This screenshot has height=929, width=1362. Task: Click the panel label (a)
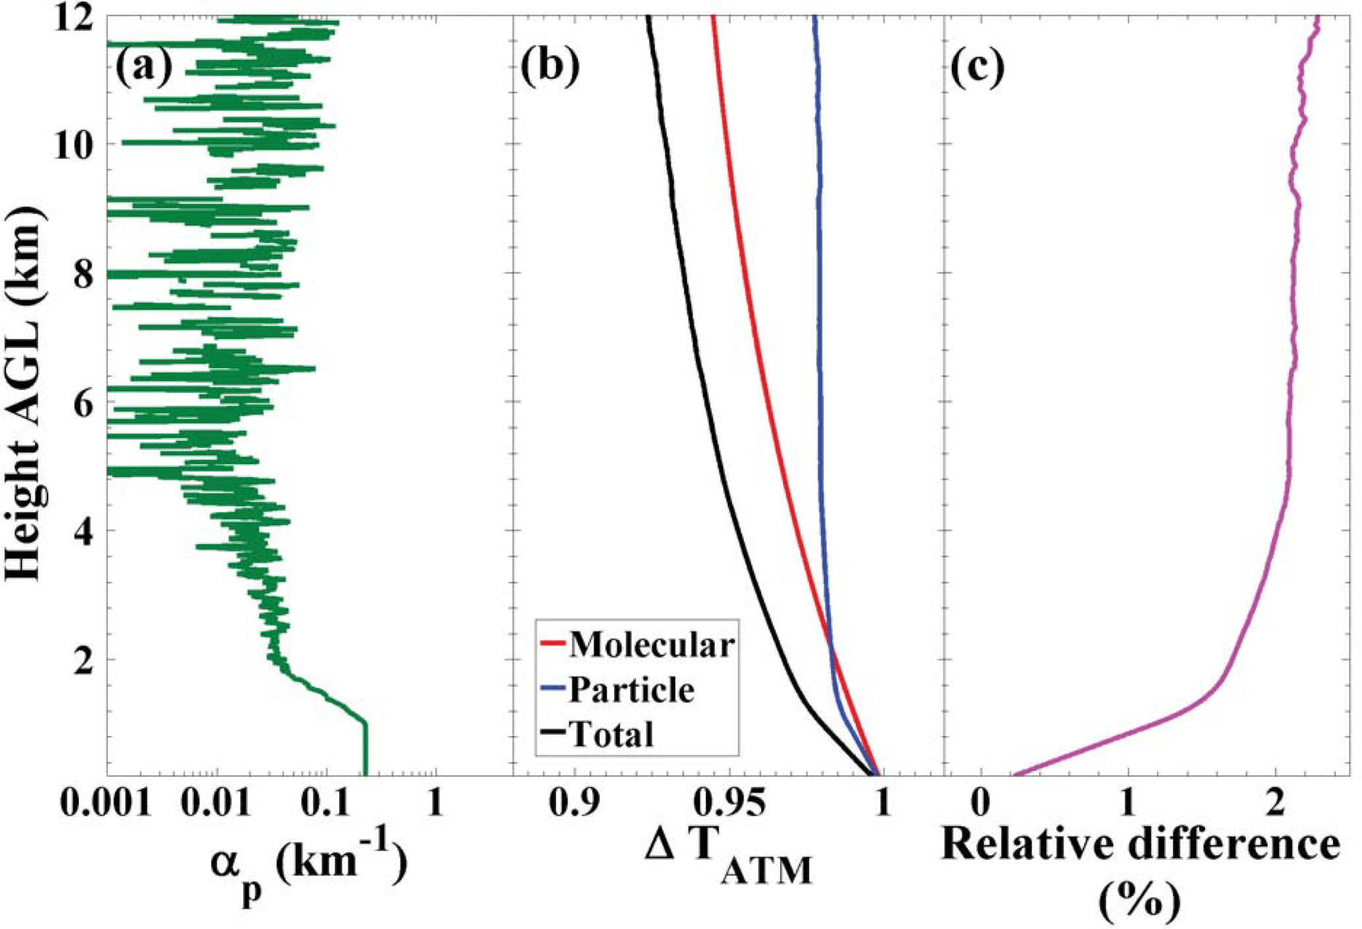[x=144, y=67]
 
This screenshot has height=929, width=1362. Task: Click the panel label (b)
[x=550, y=67]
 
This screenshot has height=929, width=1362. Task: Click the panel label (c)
[x=977, y=67]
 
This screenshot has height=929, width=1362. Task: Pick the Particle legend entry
[x=631, y=690]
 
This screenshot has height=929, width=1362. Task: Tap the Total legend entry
[x=611, y=734]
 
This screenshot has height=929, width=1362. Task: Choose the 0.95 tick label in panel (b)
[x=731, y=804]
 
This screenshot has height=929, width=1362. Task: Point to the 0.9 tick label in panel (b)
[x=576, y=804]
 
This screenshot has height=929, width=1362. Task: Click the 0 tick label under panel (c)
[x=980, y=804]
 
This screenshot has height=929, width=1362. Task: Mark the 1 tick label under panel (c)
[x=1128, y=804]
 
